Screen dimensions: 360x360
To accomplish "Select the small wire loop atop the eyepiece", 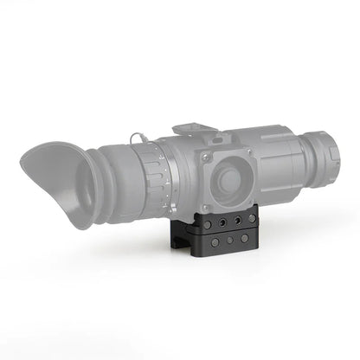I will tap(136, 138).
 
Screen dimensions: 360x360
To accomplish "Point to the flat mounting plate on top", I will tap(196, 130).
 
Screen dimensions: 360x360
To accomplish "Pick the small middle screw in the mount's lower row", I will tap(230, 240).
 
